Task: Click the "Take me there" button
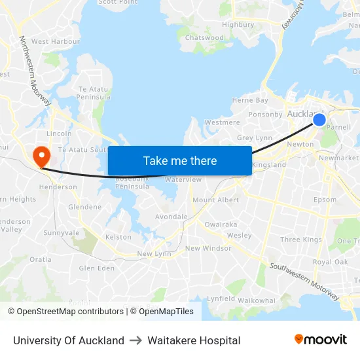(x=180, y=160)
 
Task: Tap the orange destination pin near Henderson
(x=41, y=156)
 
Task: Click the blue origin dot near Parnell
(x=319, y=119)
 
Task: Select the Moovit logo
(x=321, y=340)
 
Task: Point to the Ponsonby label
(x=265, y=114)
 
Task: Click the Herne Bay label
(x=250, y=100)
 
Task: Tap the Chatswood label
(x=204, y=38)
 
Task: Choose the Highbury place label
(x=238, y=24)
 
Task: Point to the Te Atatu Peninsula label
(x=94, y=93)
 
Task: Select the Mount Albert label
(x=215, y=200)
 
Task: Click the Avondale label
(x=171, y=217)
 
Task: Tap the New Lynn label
(x=154, y=253)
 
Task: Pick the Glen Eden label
(x=96, y=268)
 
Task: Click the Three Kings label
(x=301, y=240)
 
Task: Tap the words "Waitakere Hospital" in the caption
(x=194, y=340)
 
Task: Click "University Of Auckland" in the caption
(x=69, y=340)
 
